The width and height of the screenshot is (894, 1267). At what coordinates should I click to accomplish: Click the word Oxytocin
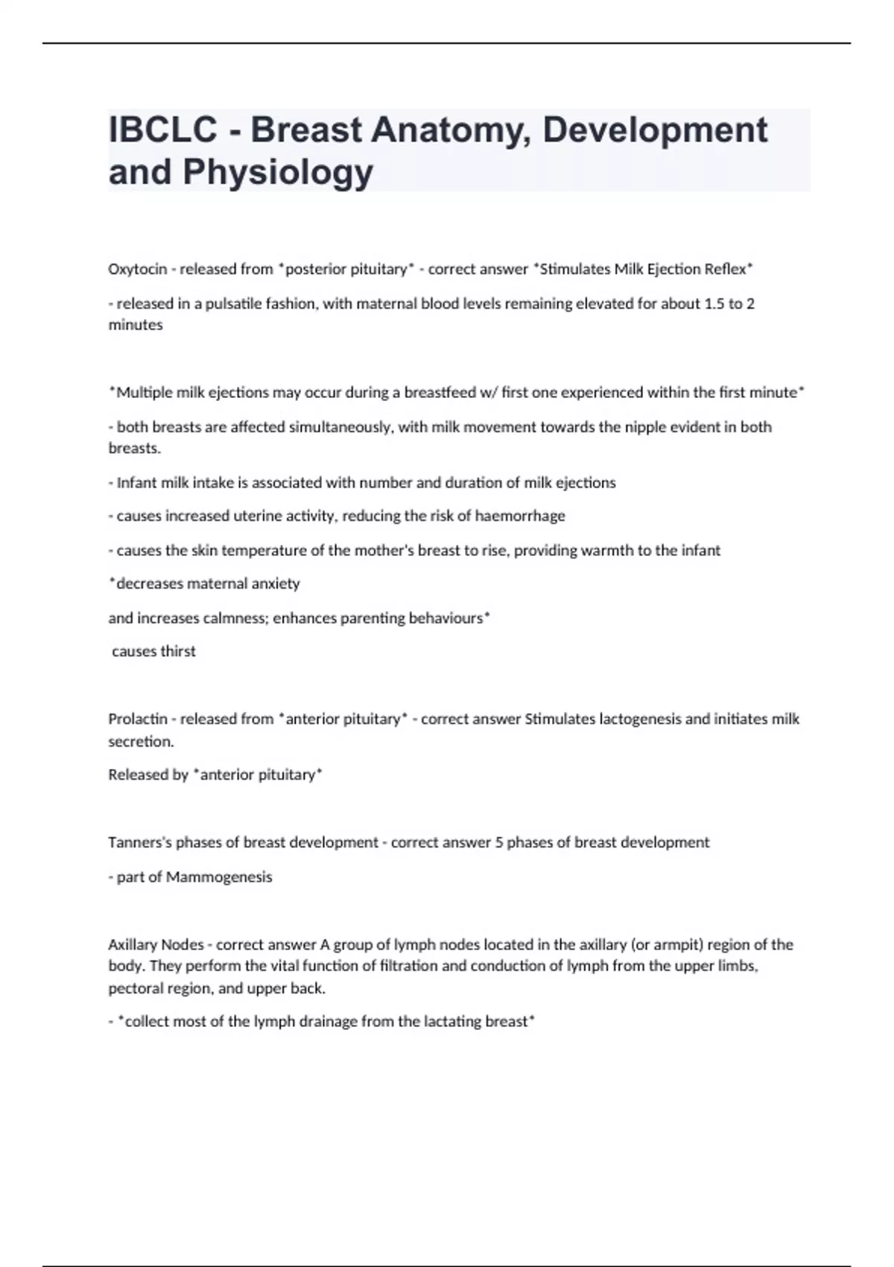(x=137, y=269)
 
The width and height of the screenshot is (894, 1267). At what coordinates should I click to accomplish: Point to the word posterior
(x=318, y=269)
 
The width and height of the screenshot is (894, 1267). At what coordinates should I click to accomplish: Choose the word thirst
(x=178, y=651)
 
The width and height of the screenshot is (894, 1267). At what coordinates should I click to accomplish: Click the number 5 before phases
(x=498, y=842)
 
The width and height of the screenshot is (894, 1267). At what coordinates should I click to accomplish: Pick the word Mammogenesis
(x=219, y=876)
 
